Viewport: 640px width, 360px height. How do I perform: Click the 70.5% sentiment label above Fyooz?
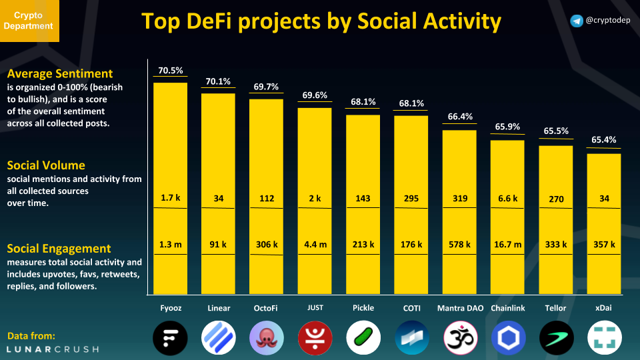pyautogui.click(x=170, y=71)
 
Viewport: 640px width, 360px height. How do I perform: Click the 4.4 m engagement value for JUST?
pyautogui.click(x=315, y=245)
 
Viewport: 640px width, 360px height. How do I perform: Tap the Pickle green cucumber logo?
pyautogui.click(x=363, y=337)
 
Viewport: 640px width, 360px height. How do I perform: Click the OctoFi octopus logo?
pyautogui.click(x=267, y=337)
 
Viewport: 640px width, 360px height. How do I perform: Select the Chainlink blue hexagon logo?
pyautogui.click(x=508, y=337)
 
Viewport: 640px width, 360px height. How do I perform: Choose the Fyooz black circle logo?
pyautogui.click(x=170, y=337)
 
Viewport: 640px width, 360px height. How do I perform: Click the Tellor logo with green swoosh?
pyautogui.click(x=556, y=337)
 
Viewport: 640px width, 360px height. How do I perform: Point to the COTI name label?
pyautogui.click(x=411, y=308)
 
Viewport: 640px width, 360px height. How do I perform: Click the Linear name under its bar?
pyautogui.click(x=218, y=308)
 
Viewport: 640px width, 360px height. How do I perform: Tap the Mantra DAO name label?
pyautogui.click(x=459, y=308)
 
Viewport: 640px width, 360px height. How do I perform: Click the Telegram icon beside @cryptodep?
pyautogui.click(x=577, y=21)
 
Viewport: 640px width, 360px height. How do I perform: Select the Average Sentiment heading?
pyautogui.click(x=60, y=73)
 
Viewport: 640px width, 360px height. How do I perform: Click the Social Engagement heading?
pyautogui.click(x=59, y=249)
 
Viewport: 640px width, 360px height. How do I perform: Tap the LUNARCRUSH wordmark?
pyautogui.click(x=53, y=349)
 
